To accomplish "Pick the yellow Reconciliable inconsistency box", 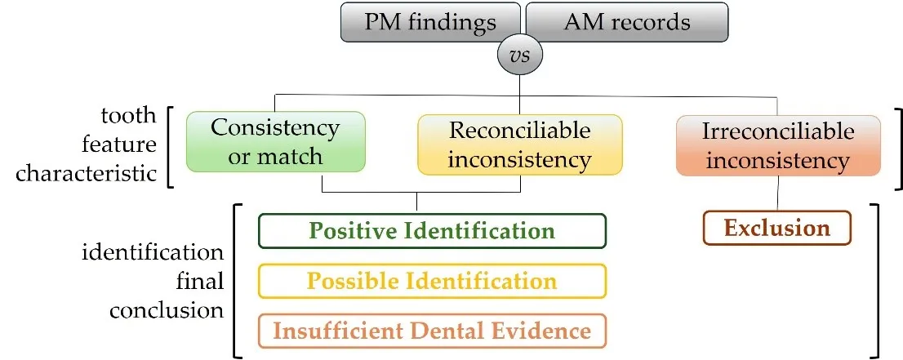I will [520, 144].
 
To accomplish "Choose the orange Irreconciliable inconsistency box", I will [778, 146].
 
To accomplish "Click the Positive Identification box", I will [432, 230].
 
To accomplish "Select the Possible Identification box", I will [432, 281].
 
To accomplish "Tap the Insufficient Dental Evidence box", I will [432, 331].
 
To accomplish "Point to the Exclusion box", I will [776, 228].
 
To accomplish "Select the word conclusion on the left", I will [167, 311].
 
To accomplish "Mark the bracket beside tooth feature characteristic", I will [171, 145].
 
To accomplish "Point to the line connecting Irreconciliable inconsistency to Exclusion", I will [776, 193].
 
